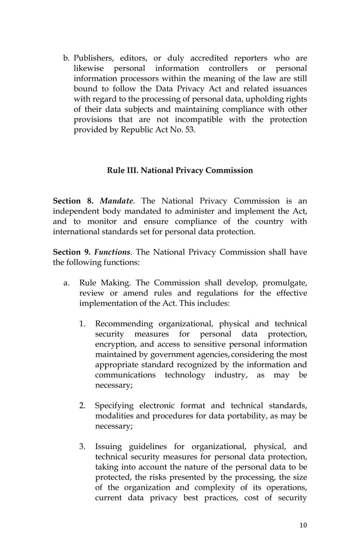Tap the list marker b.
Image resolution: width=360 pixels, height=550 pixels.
click(66, 58)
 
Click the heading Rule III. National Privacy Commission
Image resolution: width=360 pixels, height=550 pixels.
click(180, 170)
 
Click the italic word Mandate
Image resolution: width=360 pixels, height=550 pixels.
click(117, 201)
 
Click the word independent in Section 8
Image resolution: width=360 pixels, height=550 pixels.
click(79, 212)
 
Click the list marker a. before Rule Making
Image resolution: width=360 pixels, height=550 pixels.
click(66, 283)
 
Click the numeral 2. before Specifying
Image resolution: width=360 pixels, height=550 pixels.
click(82, 406)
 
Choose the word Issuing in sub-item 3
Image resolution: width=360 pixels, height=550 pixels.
click(111, 447)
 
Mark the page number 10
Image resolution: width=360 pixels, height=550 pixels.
click(304, 525)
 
